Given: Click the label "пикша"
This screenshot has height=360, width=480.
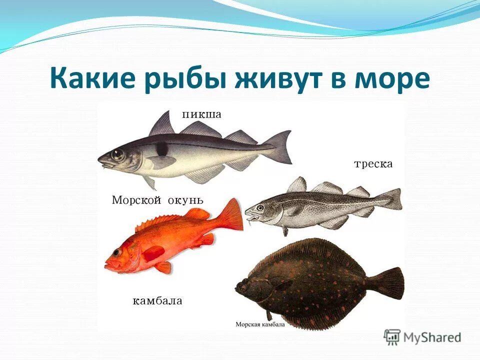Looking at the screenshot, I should tap(201, 114).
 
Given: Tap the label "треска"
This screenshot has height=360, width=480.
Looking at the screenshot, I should tap(373, 164).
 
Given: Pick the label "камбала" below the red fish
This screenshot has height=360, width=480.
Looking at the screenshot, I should tap(157, 301).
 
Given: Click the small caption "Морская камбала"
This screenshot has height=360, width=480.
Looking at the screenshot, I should tap(260, 324).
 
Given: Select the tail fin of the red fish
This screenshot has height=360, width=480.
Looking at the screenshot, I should tap(231, 215).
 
